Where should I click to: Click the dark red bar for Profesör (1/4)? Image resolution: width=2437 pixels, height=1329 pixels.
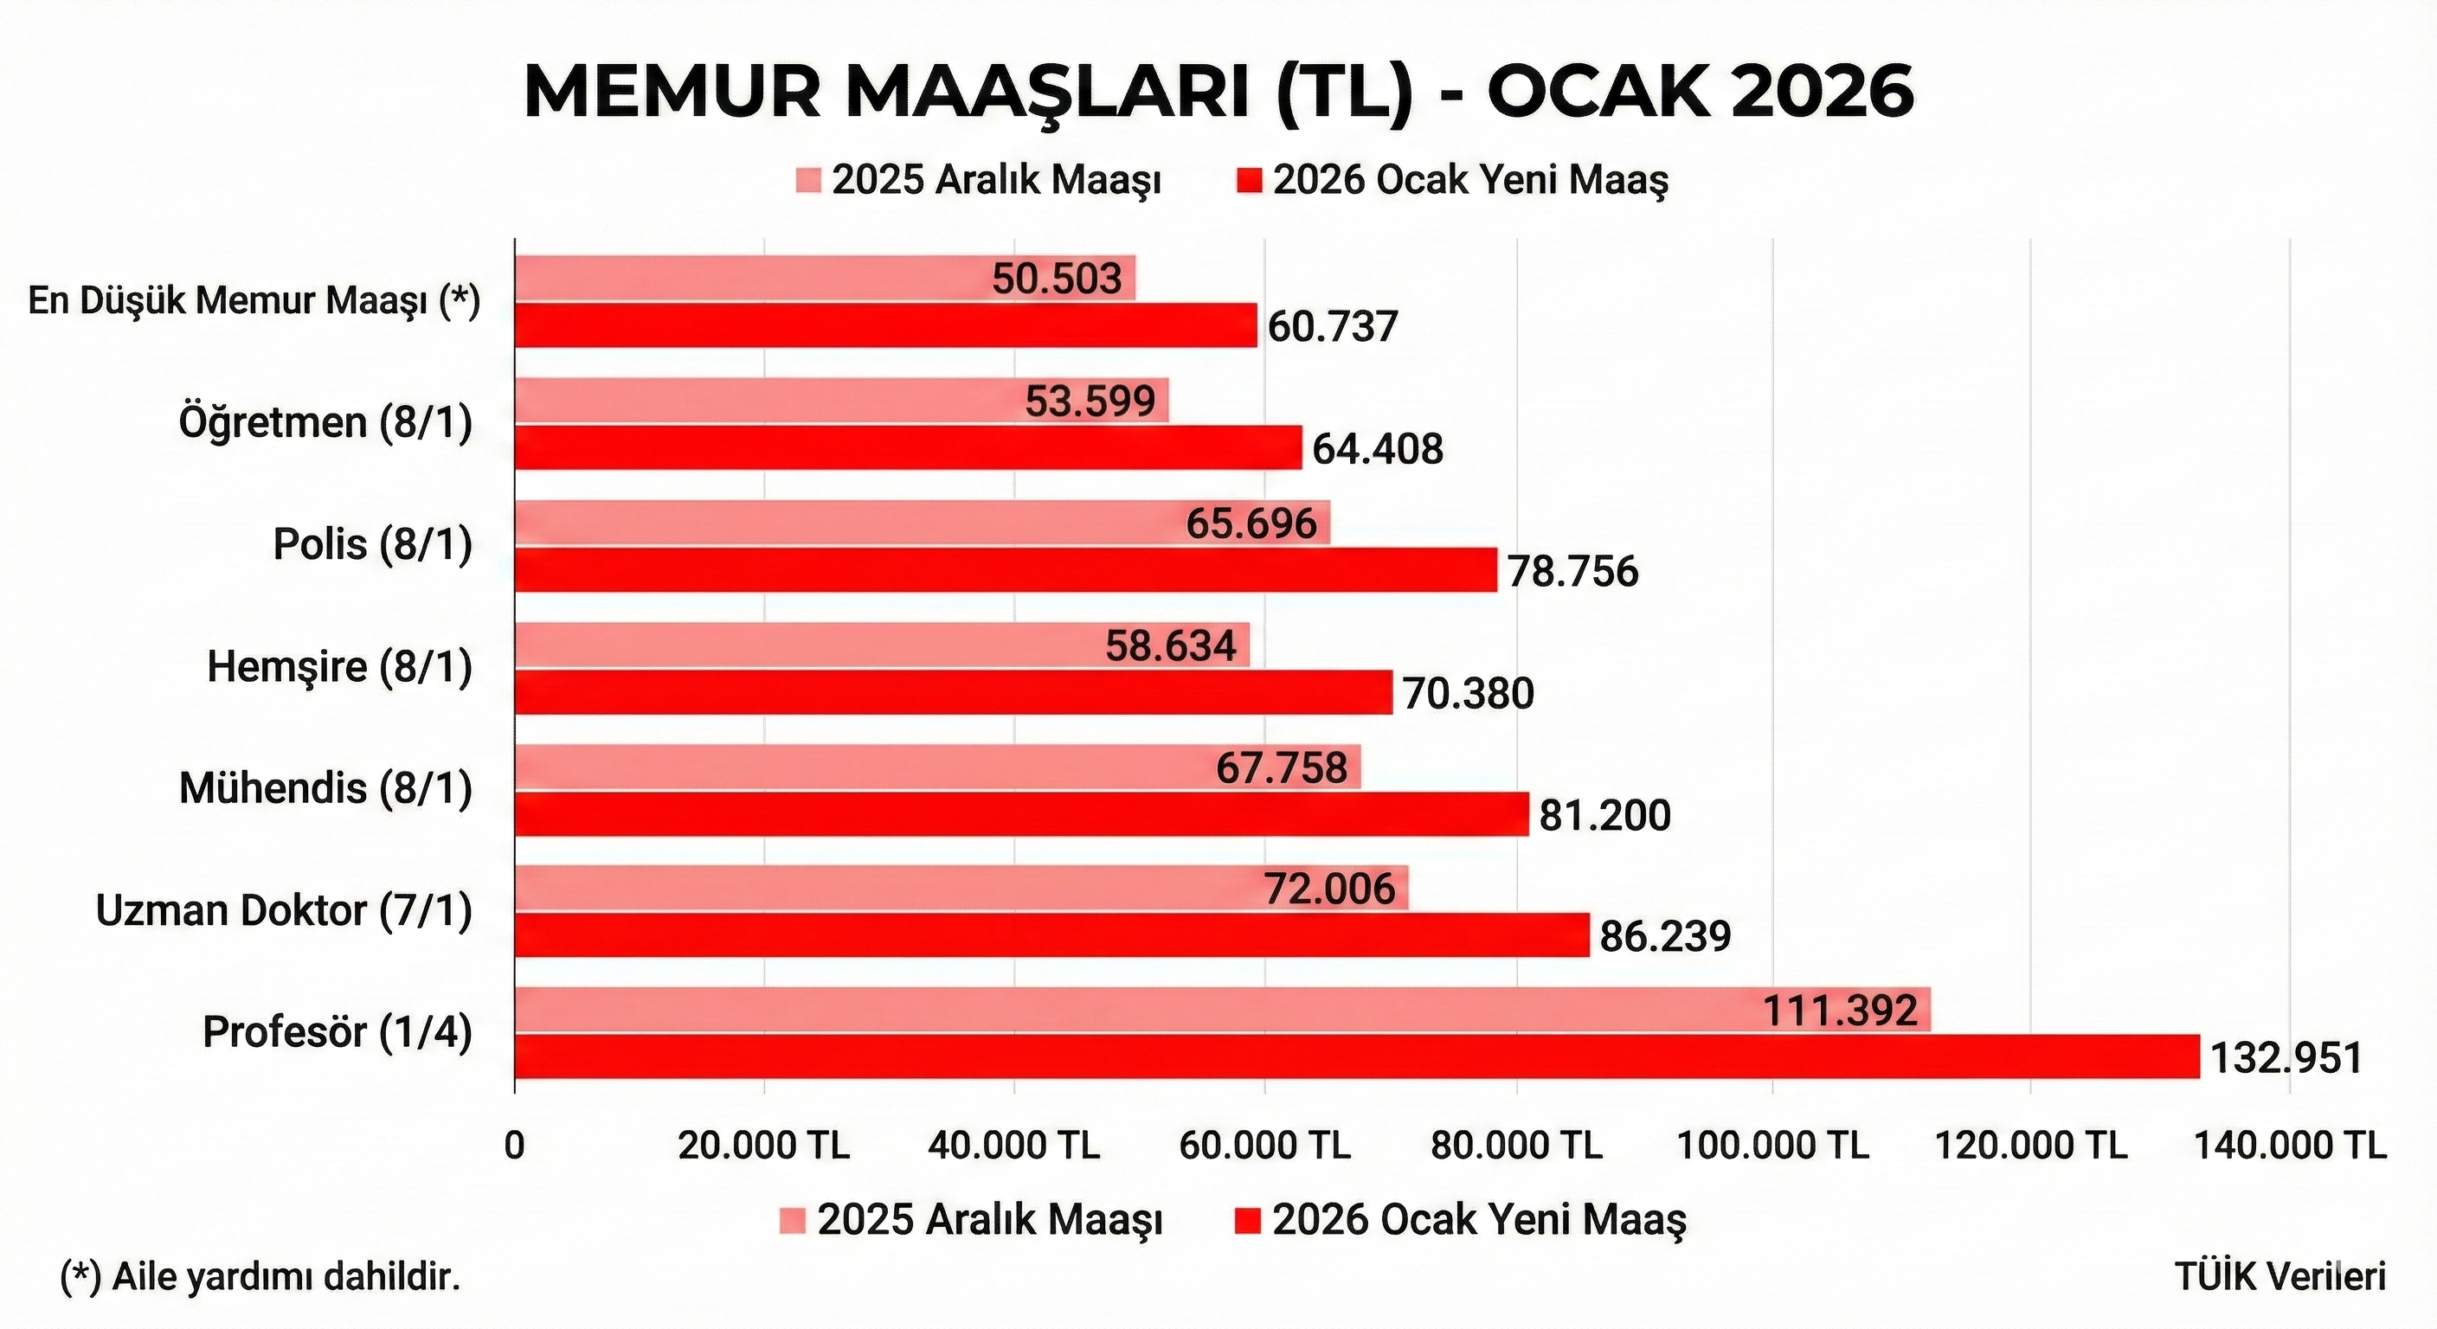pos(1358,1056)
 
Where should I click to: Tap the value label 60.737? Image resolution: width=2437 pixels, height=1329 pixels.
pos(1332,327)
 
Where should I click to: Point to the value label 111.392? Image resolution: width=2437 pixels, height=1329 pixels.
pos(1840,1011)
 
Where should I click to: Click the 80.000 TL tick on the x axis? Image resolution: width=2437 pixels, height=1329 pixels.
pos(1516,1146)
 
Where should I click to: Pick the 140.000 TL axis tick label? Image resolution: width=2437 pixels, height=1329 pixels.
pos(2289,1146)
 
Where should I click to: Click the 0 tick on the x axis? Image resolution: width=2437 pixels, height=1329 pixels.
pos(515,1146)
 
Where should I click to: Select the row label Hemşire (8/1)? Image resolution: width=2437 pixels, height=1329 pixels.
pos(339,668)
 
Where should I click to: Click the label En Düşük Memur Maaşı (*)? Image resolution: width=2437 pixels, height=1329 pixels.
pos(254,302)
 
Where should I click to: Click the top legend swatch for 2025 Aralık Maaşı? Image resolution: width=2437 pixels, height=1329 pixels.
pos(809,181)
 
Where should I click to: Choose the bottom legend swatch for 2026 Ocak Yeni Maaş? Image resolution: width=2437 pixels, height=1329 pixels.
pos(1249,1221)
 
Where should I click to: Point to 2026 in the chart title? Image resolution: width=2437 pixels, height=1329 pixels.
pos(1822,93)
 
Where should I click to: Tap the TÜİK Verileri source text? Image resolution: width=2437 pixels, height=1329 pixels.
pos(2279,1277)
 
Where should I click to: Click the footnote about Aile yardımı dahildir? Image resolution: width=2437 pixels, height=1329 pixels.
pos(260,1277)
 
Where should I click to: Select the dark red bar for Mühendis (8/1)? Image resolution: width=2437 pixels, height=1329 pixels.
pos(1022,814)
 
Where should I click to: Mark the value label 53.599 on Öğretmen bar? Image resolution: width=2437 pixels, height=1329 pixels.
pos(1090,402)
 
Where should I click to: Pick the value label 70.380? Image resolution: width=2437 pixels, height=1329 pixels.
pos(1468,694)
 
